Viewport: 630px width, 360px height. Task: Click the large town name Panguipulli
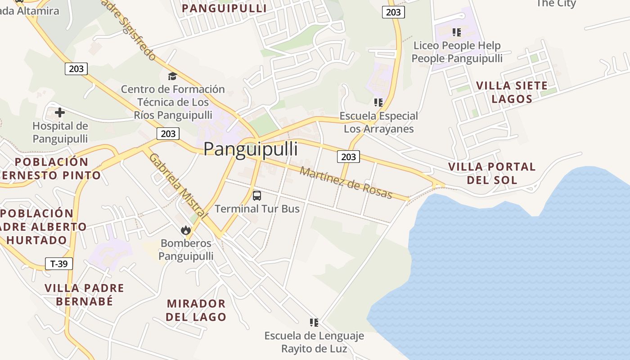click(251, 149)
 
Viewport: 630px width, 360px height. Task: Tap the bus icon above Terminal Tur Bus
click(257, 196)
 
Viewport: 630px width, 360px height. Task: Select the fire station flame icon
click(185, 230)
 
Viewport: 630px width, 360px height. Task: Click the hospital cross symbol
click(60, 112)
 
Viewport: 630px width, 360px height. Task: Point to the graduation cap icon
click(172, 76)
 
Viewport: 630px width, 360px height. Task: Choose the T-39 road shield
click(59, 264)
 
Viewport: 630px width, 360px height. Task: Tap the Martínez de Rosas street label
click(346, 183)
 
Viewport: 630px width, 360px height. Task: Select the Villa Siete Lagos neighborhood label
click(512, 92)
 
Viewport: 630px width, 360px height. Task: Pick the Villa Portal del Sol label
click(492, 173)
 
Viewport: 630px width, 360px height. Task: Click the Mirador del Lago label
click(196, 310)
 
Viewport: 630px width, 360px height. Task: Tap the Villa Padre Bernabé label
click(84, 294)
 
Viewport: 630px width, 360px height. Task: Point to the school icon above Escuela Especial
click(378, 103)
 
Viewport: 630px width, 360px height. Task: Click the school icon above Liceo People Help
click(457, 32)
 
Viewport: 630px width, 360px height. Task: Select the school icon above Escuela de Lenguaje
click(314, 322)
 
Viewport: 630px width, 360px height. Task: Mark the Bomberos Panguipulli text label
click(186, 250)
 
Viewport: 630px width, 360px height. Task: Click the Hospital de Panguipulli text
click(60, 132)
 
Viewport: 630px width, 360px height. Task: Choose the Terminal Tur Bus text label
click(257, 209)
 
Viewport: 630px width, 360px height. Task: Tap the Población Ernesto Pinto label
click(51, 168)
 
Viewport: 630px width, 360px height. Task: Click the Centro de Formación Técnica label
click(173, 102)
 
